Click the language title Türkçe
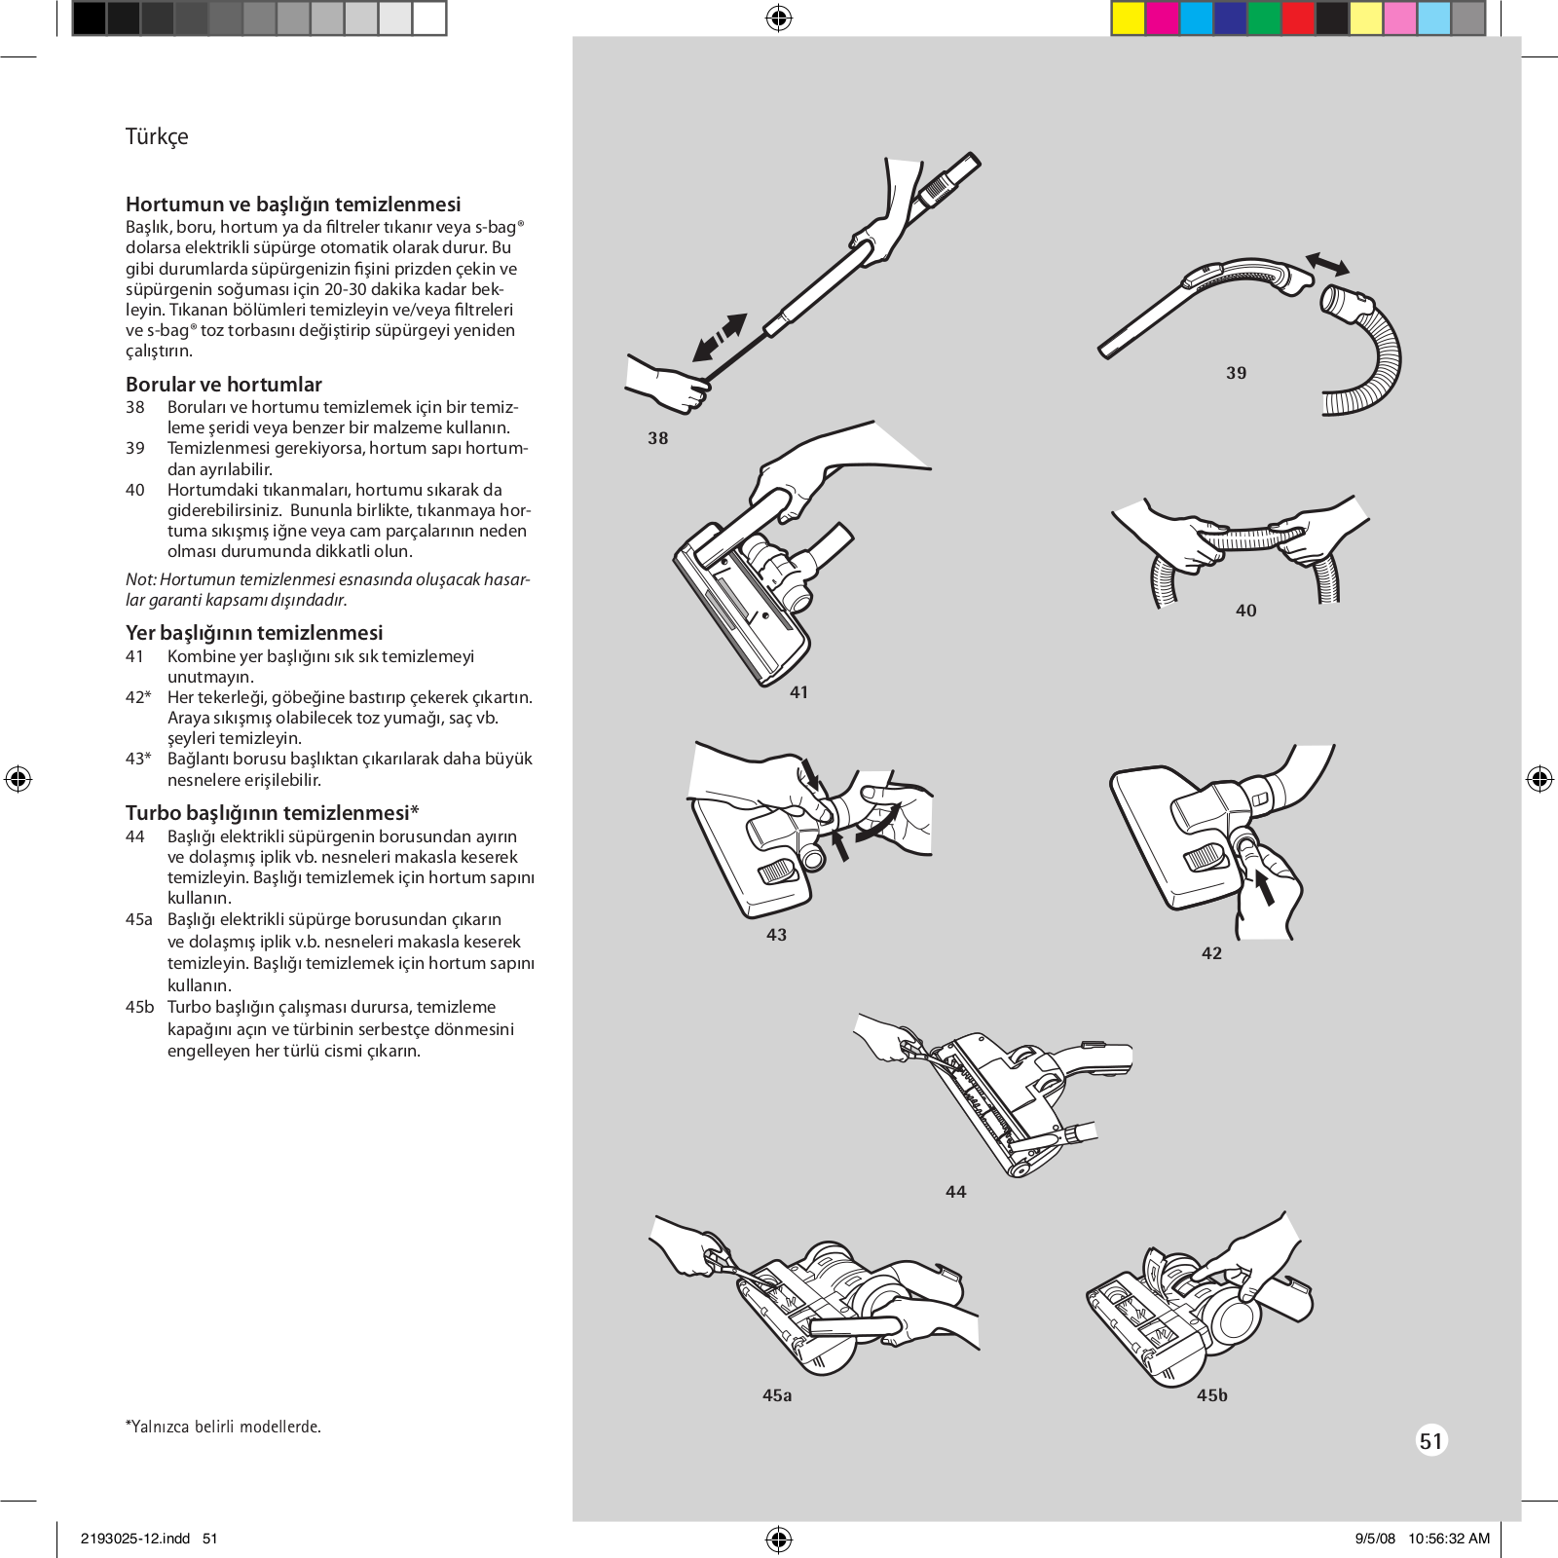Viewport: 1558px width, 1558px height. [157, 136]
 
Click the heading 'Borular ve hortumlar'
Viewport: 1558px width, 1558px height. [223, 385]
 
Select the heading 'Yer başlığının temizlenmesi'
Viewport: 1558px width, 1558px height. [254, 633]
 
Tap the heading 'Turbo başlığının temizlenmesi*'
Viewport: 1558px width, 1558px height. [272, 813]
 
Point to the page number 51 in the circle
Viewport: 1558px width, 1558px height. [1430, 1441]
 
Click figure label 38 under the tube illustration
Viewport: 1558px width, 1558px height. [658, 438]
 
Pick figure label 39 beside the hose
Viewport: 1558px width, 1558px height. [1236, 373]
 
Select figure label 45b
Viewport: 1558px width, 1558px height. [1211, 1395]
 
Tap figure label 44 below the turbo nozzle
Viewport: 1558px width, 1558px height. [955, 1192]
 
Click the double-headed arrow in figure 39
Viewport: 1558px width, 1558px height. [1327, 264]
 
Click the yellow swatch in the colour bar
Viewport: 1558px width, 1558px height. [1128, 19]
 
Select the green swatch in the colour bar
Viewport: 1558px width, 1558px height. [1263, 19]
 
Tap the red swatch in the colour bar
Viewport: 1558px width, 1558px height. [1298, 19]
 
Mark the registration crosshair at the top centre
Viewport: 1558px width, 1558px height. [779, 18]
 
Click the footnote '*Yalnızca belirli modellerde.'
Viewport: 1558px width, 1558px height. [223, 1427]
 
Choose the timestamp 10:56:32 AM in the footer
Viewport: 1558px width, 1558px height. [1448, 1539]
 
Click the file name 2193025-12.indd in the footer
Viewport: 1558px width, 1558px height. [135, 1539]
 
